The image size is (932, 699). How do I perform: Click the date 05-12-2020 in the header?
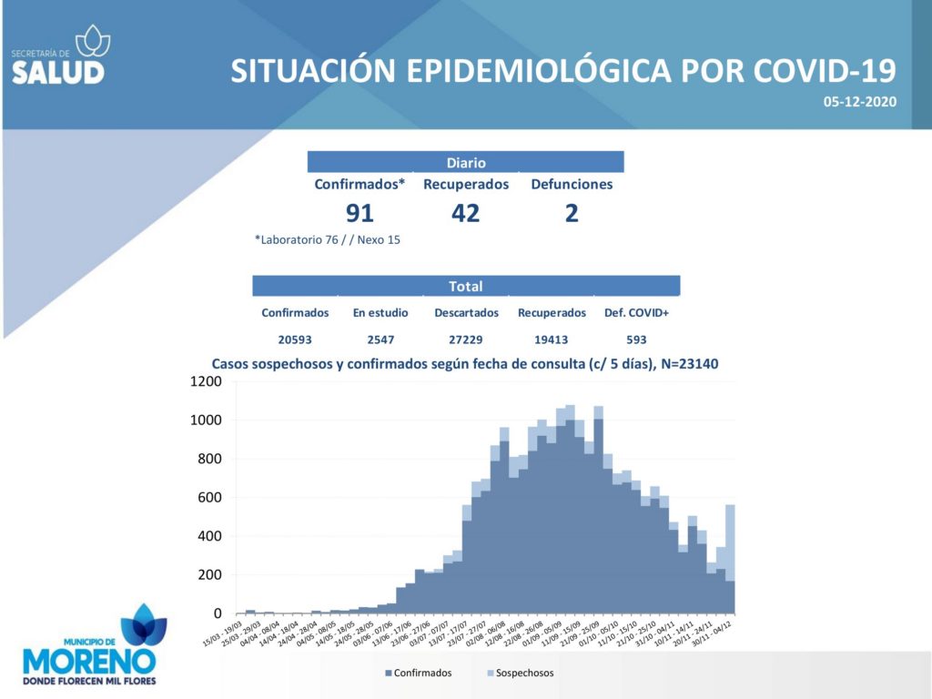[x=860, y=102]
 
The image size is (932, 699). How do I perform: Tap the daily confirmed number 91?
[x=360, y=213]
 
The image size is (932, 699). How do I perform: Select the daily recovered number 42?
[x=465, y=213]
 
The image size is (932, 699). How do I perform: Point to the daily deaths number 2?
[x=572, y=213]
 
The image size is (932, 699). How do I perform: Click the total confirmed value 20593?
[x=295, y=338]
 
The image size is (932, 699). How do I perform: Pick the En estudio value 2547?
[x=380, y=338]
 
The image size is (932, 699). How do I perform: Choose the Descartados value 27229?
[x=466, y=338]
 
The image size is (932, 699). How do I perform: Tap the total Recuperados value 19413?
[x=552, y=338]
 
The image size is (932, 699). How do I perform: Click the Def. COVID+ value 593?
[x=636, y=338]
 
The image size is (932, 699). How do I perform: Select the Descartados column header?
[x=466, y=313]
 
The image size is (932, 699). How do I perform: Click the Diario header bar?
[x=465, y=163]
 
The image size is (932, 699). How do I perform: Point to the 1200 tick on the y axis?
[x=206, y=382]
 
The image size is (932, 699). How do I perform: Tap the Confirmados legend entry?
[x=419, y=673]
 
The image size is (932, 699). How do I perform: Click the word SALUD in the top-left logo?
[x=58, y=73]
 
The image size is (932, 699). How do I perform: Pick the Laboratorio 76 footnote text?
[x=328, y=240]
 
